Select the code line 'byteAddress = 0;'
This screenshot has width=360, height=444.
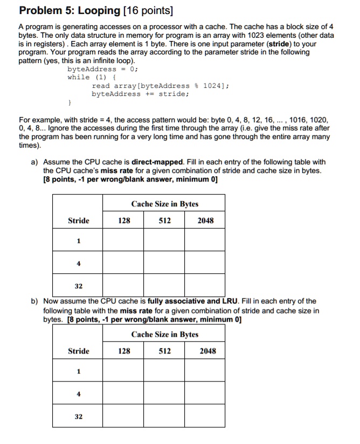pos(102,70)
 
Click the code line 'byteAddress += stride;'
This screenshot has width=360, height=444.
pos(140,93)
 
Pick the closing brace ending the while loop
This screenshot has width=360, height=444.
pos(69,101)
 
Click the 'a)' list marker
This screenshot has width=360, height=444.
pos(34,162)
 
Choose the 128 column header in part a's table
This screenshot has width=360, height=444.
pos(124,220)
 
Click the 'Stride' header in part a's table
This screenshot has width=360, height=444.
pos(78,220)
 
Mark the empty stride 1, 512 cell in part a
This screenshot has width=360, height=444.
pos(164,241)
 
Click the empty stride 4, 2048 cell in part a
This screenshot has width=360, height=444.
pos(205,263)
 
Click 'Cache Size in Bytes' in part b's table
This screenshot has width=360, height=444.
pos(164,335)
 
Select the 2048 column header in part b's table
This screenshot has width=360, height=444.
pos(207,351)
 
